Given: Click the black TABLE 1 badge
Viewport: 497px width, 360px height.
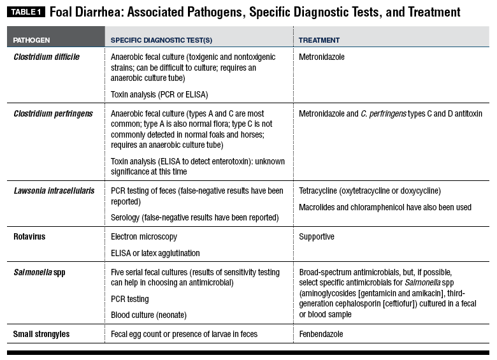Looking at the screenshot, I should tap(26, 12).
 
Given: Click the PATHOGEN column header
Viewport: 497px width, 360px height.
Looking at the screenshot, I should tap(32, 40).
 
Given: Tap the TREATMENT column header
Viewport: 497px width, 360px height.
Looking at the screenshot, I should tap(319, 40).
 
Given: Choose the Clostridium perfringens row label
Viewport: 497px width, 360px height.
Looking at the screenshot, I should tap(53, 114).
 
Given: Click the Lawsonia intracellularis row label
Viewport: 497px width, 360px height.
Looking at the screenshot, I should tap(56, 191).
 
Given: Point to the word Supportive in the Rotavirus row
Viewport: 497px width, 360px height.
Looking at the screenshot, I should tap(317, 236).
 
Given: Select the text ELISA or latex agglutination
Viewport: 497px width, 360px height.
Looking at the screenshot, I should tap(155, 253).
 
